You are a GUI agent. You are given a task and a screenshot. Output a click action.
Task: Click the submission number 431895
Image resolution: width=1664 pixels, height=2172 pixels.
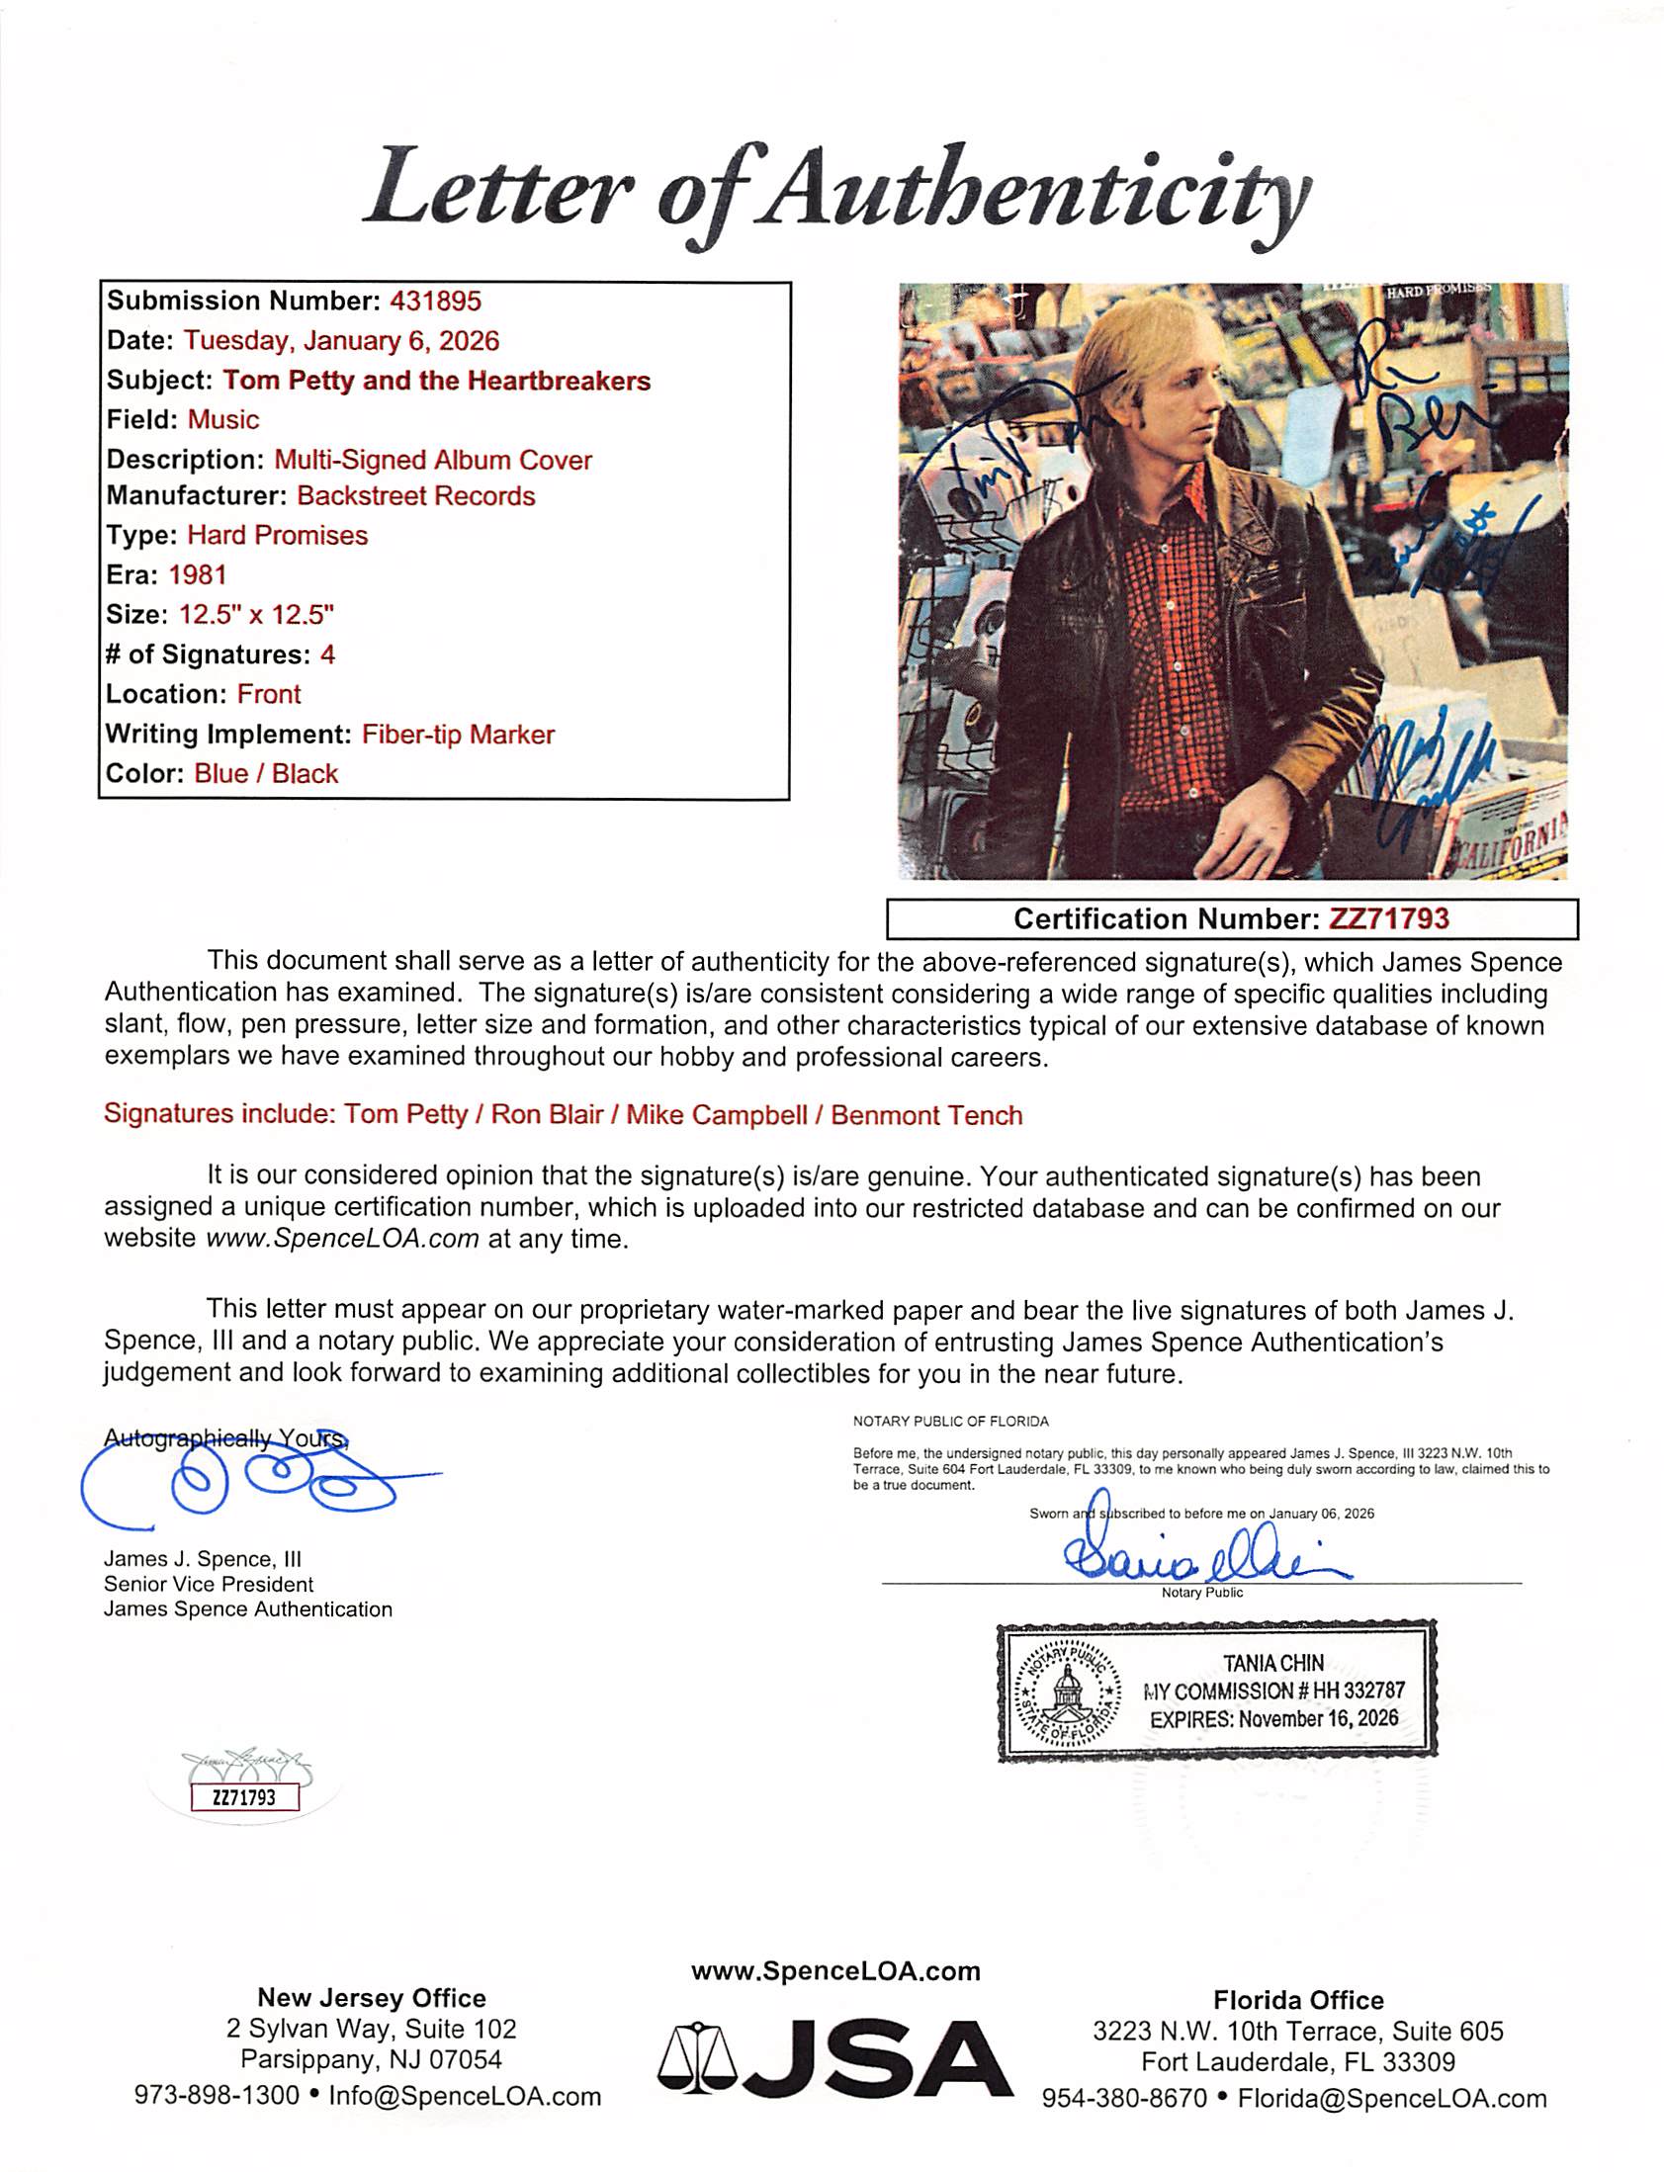pos(436,302)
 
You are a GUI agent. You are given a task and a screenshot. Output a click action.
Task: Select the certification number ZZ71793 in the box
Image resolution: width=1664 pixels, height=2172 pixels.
pos(1388,919)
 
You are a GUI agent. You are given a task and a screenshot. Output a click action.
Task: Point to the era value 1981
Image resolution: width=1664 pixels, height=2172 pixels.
pos(197,574)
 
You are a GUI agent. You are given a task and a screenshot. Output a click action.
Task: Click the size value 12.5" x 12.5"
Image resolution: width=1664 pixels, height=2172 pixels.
pos(255,614)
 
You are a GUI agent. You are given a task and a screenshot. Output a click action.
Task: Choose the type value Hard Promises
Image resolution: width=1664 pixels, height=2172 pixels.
pos(277,535)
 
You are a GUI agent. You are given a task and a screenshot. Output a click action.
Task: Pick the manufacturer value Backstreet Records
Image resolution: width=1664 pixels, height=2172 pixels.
pos(416,495)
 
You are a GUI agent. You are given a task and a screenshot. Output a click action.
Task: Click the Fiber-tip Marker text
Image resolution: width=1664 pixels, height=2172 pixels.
pos(458,734)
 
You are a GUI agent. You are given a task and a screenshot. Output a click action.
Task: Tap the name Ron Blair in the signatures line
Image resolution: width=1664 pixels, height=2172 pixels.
pos(547,1114)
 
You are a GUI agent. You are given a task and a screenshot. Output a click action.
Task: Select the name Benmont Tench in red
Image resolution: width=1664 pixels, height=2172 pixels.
pos(926,1115)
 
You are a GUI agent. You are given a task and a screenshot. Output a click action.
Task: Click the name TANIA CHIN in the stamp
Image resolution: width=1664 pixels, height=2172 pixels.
pos(1272,1663)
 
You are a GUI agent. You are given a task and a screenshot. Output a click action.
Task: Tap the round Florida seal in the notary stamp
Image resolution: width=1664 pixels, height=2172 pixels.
pos(1068,1692)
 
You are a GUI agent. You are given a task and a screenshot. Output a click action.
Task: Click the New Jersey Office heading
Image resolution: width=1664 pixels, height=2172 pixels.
pos(372,1998)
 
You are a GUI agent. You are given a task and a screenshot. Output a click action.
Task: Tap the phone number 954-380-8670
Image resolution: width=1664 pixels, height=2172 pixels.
pos(1124,2098)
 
